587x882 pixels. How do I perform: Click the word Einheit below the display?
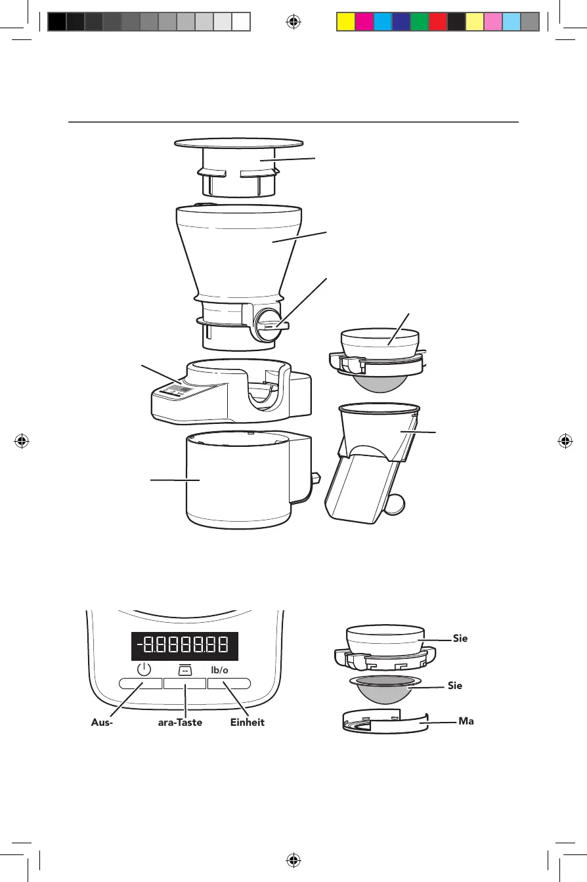point(247,722)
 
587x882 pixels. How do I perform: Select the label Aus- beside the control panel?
point(102,722)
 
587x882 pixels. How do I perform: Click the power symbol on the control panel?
point(144,670)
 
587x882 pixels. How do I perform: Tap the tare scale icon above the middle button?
point(185,669)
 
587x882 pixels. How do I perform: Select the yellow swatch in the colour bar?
point(345,22)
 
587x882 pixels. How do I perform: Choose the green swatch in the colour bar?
point(419,22)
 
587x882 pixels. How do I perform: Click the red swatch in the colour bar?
point(437,22)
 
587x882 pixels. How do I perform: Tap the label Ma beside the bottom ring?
point(466,721)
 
